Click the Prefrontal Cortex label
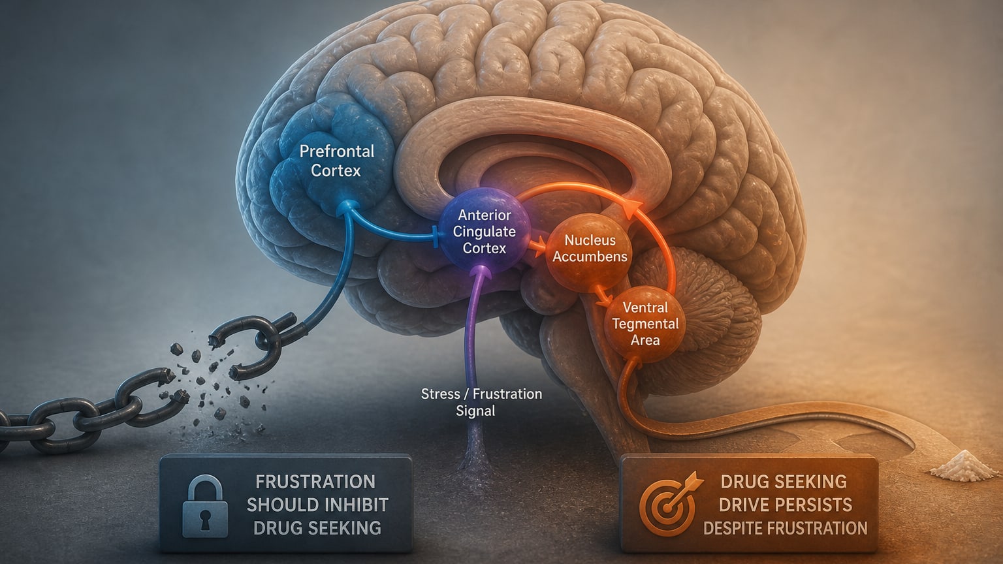pos(336,161)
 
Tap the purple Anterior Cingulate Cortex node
pos(484,231)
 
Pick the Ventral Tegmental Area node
pos(645,324)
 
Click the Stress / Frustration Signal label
pos(481,402)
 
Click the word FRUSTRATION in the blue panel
pos(315,482)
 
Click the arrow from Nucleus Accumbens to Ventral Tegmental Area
pos(603,296)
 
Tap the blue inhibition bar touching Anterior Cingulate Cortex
pos(436,236)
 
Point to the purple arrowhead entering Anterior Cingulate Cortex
pos(483,272)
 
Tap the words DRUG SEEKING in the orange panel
pos(784,482)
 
